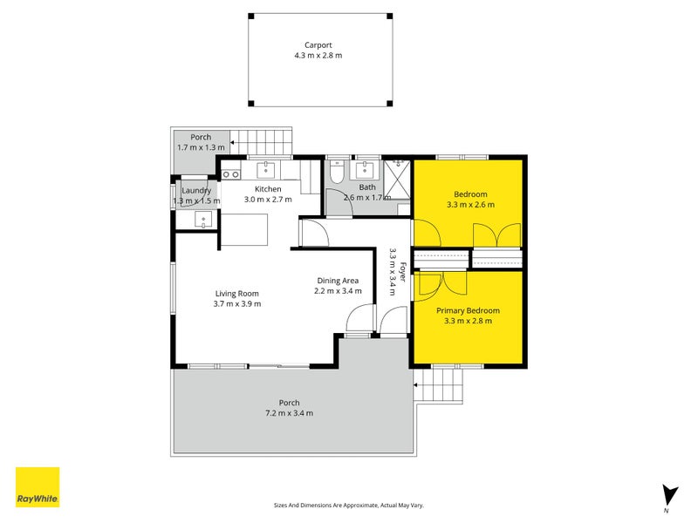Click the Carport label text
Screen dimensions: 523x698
coord(318,44)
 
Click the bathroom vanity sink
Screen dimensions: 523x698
coord(367,167)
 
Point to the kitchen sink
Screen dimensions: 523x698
coord(267,168)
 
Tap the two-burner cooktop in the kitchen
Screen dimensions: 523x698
coord(231,174)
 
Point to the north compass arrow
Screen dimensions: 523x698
coord(669,494)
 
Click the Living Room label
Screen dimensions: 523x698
coord(236,294)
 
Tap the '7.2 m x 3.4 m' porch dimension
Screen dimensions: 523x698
coord(289,413)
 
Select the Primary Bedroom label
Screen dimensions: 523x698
coord(468,310)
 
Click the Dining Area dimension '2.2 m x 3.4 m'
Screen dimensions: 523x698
coord(338,291)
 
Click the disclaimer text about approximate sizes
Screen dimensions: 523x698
coord(348,505)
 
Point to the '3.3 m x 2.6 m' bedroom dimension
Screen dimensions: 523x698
coord(469,205)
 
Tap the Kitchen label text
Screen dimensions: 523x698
coord(268,189)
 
